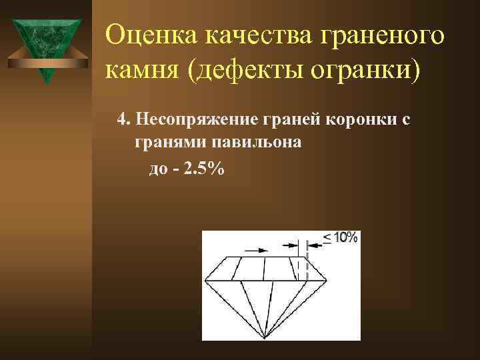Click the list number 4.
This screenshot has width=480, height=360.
click(122, 119)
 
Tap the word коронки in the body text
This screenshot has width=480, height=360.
click(360, 120)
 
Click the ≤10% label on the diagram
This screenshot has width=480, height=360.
click(341, 237)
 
